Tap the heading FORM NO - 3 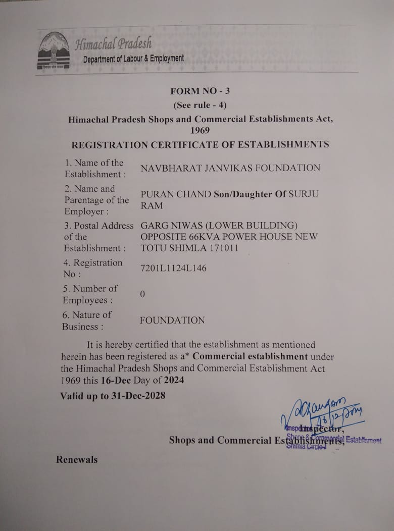coord(200,91)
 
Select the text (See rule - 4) coord(200,105)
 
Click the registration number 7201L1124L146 coord(173,268)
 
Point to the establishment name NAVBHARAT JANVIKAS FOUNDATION coord(230,168)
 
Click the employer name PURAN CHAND coord(169,194)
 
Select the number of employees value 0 coord(142,294)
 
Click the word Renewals coord(77,459)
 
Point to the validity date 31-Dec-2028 coord(139,396)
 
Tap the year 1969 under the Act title coord(200,130)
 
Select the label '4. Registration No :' coord(92,268)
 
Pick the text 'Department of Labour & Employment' coord(133,59)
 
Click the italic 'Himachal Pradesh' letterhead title coord(113,43)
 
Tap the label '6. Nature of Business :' coord(86,320)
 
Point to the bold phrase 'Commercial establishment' coord(250,356)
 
